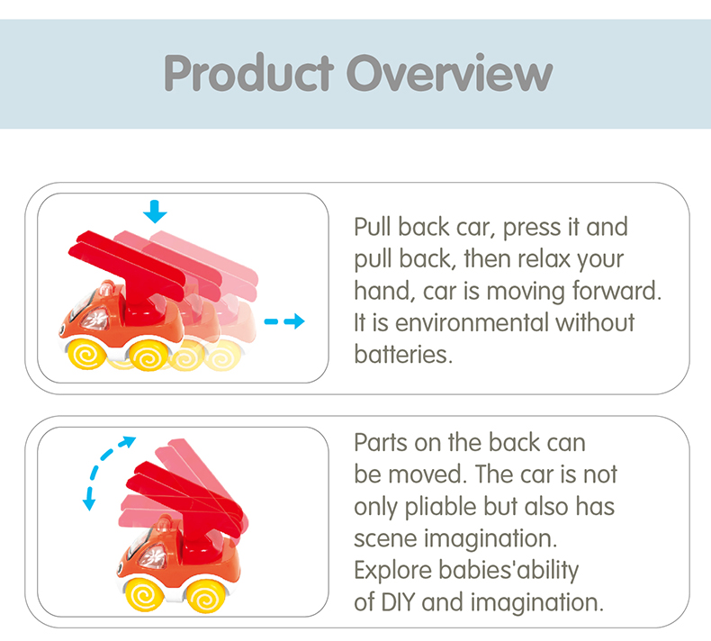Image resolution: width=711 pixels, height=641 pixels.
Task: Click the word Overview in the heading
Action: click(448, 74)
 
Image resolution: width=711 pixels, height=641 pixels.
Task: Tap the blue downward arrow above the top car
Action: click(156, 212)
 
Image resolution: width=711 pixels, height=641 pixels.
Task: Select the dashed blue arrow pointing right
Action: click(284, 321)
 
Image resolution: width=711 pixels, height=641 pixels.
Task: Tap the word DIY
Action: click(395, 601)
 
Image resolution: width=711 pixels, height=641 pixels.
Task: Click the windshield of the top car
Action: click(94, 317)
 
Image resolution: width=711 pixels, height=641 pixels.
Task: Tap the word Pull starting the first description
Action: click(373, 227)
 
